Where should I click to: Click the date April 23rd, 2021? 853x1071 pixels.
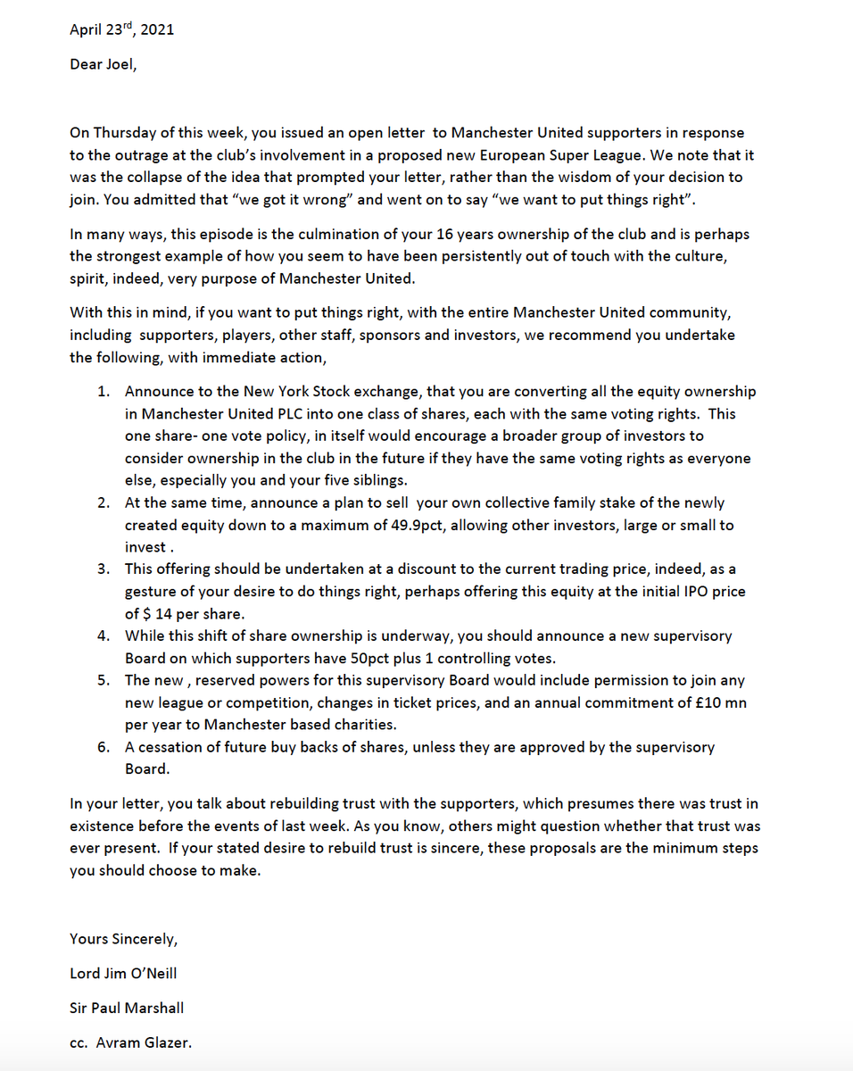(x=121, y=29)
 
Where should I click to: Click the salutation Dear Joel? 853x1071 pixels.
(x=104, y=65)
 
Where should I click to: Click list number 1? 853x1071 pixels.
(x=104, y=392)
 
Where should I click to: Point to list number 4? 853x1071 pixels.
(x=104, y=635)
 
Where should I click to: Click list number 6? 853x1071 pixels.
(x=104, y=747)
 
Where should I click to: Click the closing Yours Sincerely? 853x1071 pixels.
(x=124, y=938)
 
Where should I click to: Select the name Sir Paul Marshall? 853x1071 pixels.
(x=127, y=1008)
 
